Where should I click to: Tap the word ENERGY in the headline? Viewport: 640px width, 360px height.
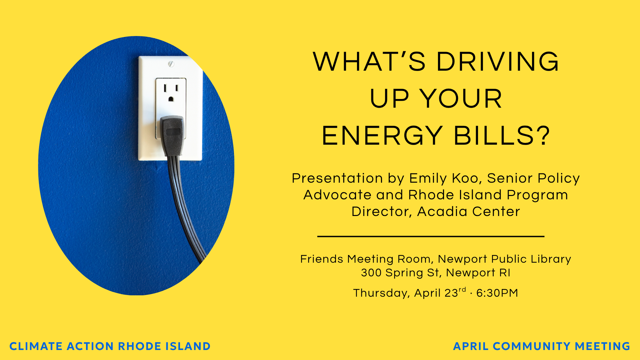pos(382,136)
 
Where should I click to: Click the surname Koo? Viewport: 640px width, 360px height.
pos(467,178)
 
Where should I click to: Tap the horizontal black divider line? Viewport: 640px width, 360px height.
pos(431,236)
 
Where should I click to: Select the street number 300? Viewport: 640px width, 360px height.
pos(371,273)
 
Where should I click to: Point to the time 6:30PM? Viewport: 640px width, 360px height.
pos(497,293)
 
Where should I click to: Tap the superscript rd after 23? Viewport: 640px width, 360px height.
pos(462,290)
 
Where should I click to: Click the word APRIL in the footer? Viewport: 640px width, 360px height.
pos(470,346)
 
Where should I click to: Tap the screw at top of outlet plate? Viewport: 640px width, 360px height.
pos(171,64)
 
